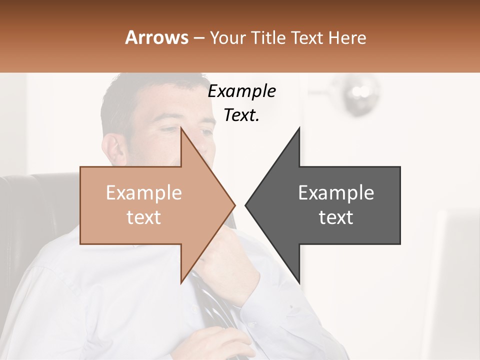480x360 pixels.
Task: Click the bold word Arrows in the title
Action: [x=157, y=37]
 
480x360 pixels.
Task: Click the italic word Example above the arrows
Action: [x=242, y=91]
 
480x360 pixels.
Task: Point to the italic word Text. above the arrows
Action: [x=241, y=115]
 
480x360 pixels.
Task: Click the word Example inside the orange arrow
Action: [x=144, y=193]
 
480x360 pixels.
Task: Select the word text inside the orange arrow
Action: [x=144, y=217]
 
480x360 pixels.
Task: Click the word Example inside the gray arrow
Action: [x=336, y=193]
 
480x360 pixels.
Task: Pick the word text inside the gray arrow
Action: [x=336, y=217]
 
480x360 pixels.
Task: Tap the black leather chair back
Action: [x=35, y=210]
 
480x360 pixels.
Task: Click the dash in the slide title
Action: [x=198, y=38]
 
